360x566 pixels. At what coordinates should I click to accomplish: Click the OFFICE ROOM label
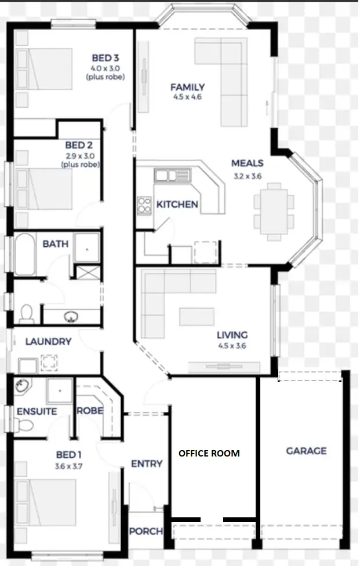209,453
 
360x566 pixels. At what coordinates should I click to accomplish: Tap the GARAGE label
306,451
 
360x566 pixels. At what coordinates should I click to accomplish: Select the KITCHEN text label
177,205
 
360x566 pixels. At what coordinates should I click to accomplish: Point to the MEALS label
248,163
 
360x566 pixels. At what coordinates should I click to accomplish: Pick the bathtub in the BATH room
24,254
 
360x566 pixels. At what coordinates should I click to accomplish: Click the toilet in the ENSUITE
25,426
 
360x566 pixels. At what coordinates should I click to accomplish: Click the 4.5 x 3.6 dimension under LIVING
232,345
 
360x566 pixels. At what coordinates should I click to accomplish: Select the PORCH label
146,531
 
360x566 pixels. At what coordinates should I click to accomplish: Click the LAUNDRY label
48,342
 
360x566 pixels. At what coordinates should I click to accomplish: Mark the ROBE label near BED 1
90,411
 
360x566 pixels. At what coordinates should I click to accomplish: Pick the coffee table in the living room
196,316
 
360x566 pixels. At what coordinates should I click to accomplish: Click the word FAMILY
187,87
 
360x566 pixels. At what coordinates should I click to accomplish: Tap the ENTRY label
147,464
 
